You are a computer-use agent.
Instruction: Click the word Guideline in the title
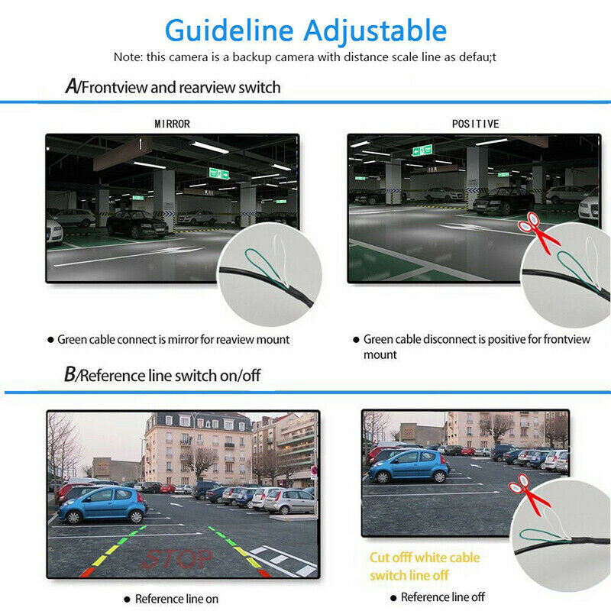(228, 31)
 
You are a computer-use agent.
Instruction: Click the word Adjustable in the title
(373, 31)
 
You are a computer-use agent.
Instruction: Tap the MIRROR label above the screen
(172, 124)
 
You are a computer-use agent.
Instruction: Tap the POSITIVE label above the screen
(475, 124)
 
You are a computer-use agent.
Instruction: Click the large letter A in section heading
(71, 86)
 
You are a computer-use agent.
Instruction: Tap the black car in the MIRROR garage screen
(136, 224)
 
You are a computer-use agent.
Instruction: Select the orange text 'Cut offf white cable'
(425, 558)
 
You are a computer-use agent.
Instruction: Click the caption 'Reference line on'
(176, 599)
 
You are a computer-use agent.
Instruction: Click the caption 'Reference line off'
(442, 596)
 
